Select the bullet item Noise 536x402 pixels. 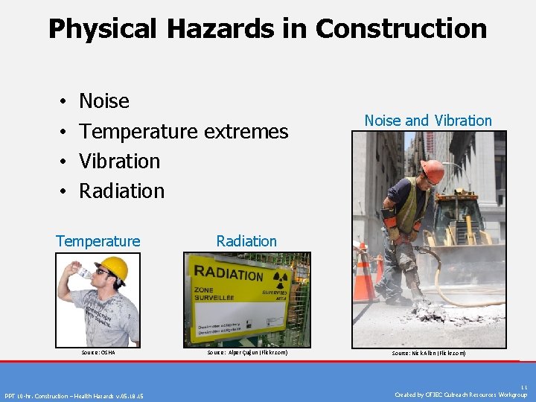[104, 101]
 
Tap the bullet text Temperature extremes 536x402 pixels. [183, 131]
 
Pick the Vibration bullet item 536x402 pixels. [119, 161]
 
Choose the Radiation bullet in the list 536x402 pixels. [121, 191]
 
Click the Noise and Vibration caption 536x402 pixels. [428, 121]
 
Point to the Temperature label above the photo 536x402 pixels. [98, 241]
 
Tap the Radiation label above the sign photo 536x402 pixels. [246, 241]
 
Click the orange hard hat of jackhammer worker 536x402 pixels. [432, 170]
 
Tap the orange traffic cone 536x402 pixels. [363, 274]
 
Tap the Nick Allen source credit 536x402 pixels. [429, 353]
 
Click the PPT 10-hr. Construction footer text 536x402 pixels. [74, 395]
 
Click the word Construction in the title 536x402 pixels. [401, 29]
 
